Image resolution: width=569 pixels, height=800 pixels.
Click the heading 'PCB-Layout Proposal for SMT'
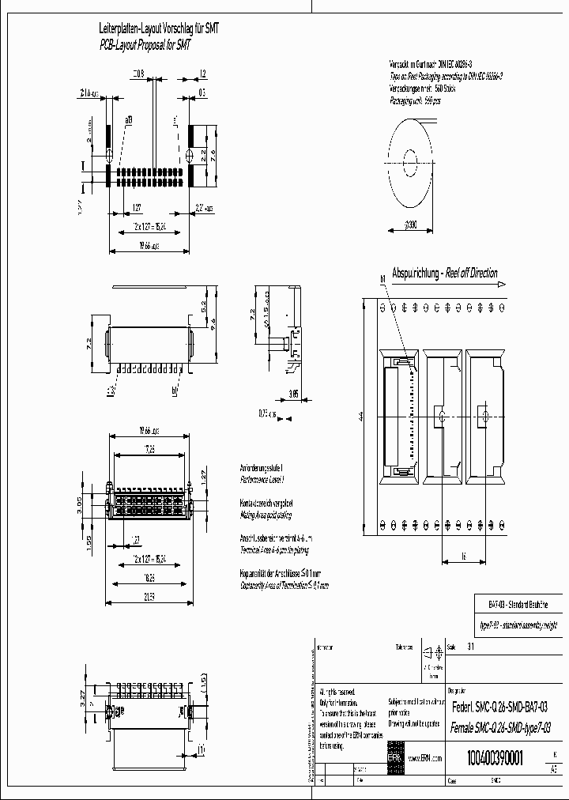click(145, 45)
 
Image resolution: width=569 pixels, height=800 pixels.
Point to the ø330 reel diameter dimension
click(411, 225)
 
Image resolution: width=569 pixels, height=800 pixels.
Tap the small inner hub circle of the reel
click(410, 164)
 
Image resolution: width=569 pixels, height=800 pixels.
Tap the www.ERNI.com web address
click(425, 759)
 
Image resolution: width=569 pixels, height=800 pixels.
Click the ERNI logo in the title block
click(394, 757)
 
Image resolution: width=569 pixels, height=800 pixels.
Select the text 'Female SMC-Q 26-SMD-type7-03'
click(499, 728)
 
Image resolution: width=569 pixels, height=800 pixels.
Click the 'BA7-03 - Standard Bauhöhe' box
click(513, 604)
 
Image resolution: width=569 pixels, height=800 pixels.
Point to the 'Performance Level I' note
click(262, 480)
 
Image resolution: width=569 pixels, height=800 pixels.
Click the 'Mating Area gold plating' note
click(266, 514)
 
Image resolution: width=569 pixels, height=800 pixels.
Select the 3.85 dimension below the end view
click(293, 393)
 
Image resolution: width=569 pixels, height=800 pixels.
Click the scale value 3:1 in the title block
click(472, 646)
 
